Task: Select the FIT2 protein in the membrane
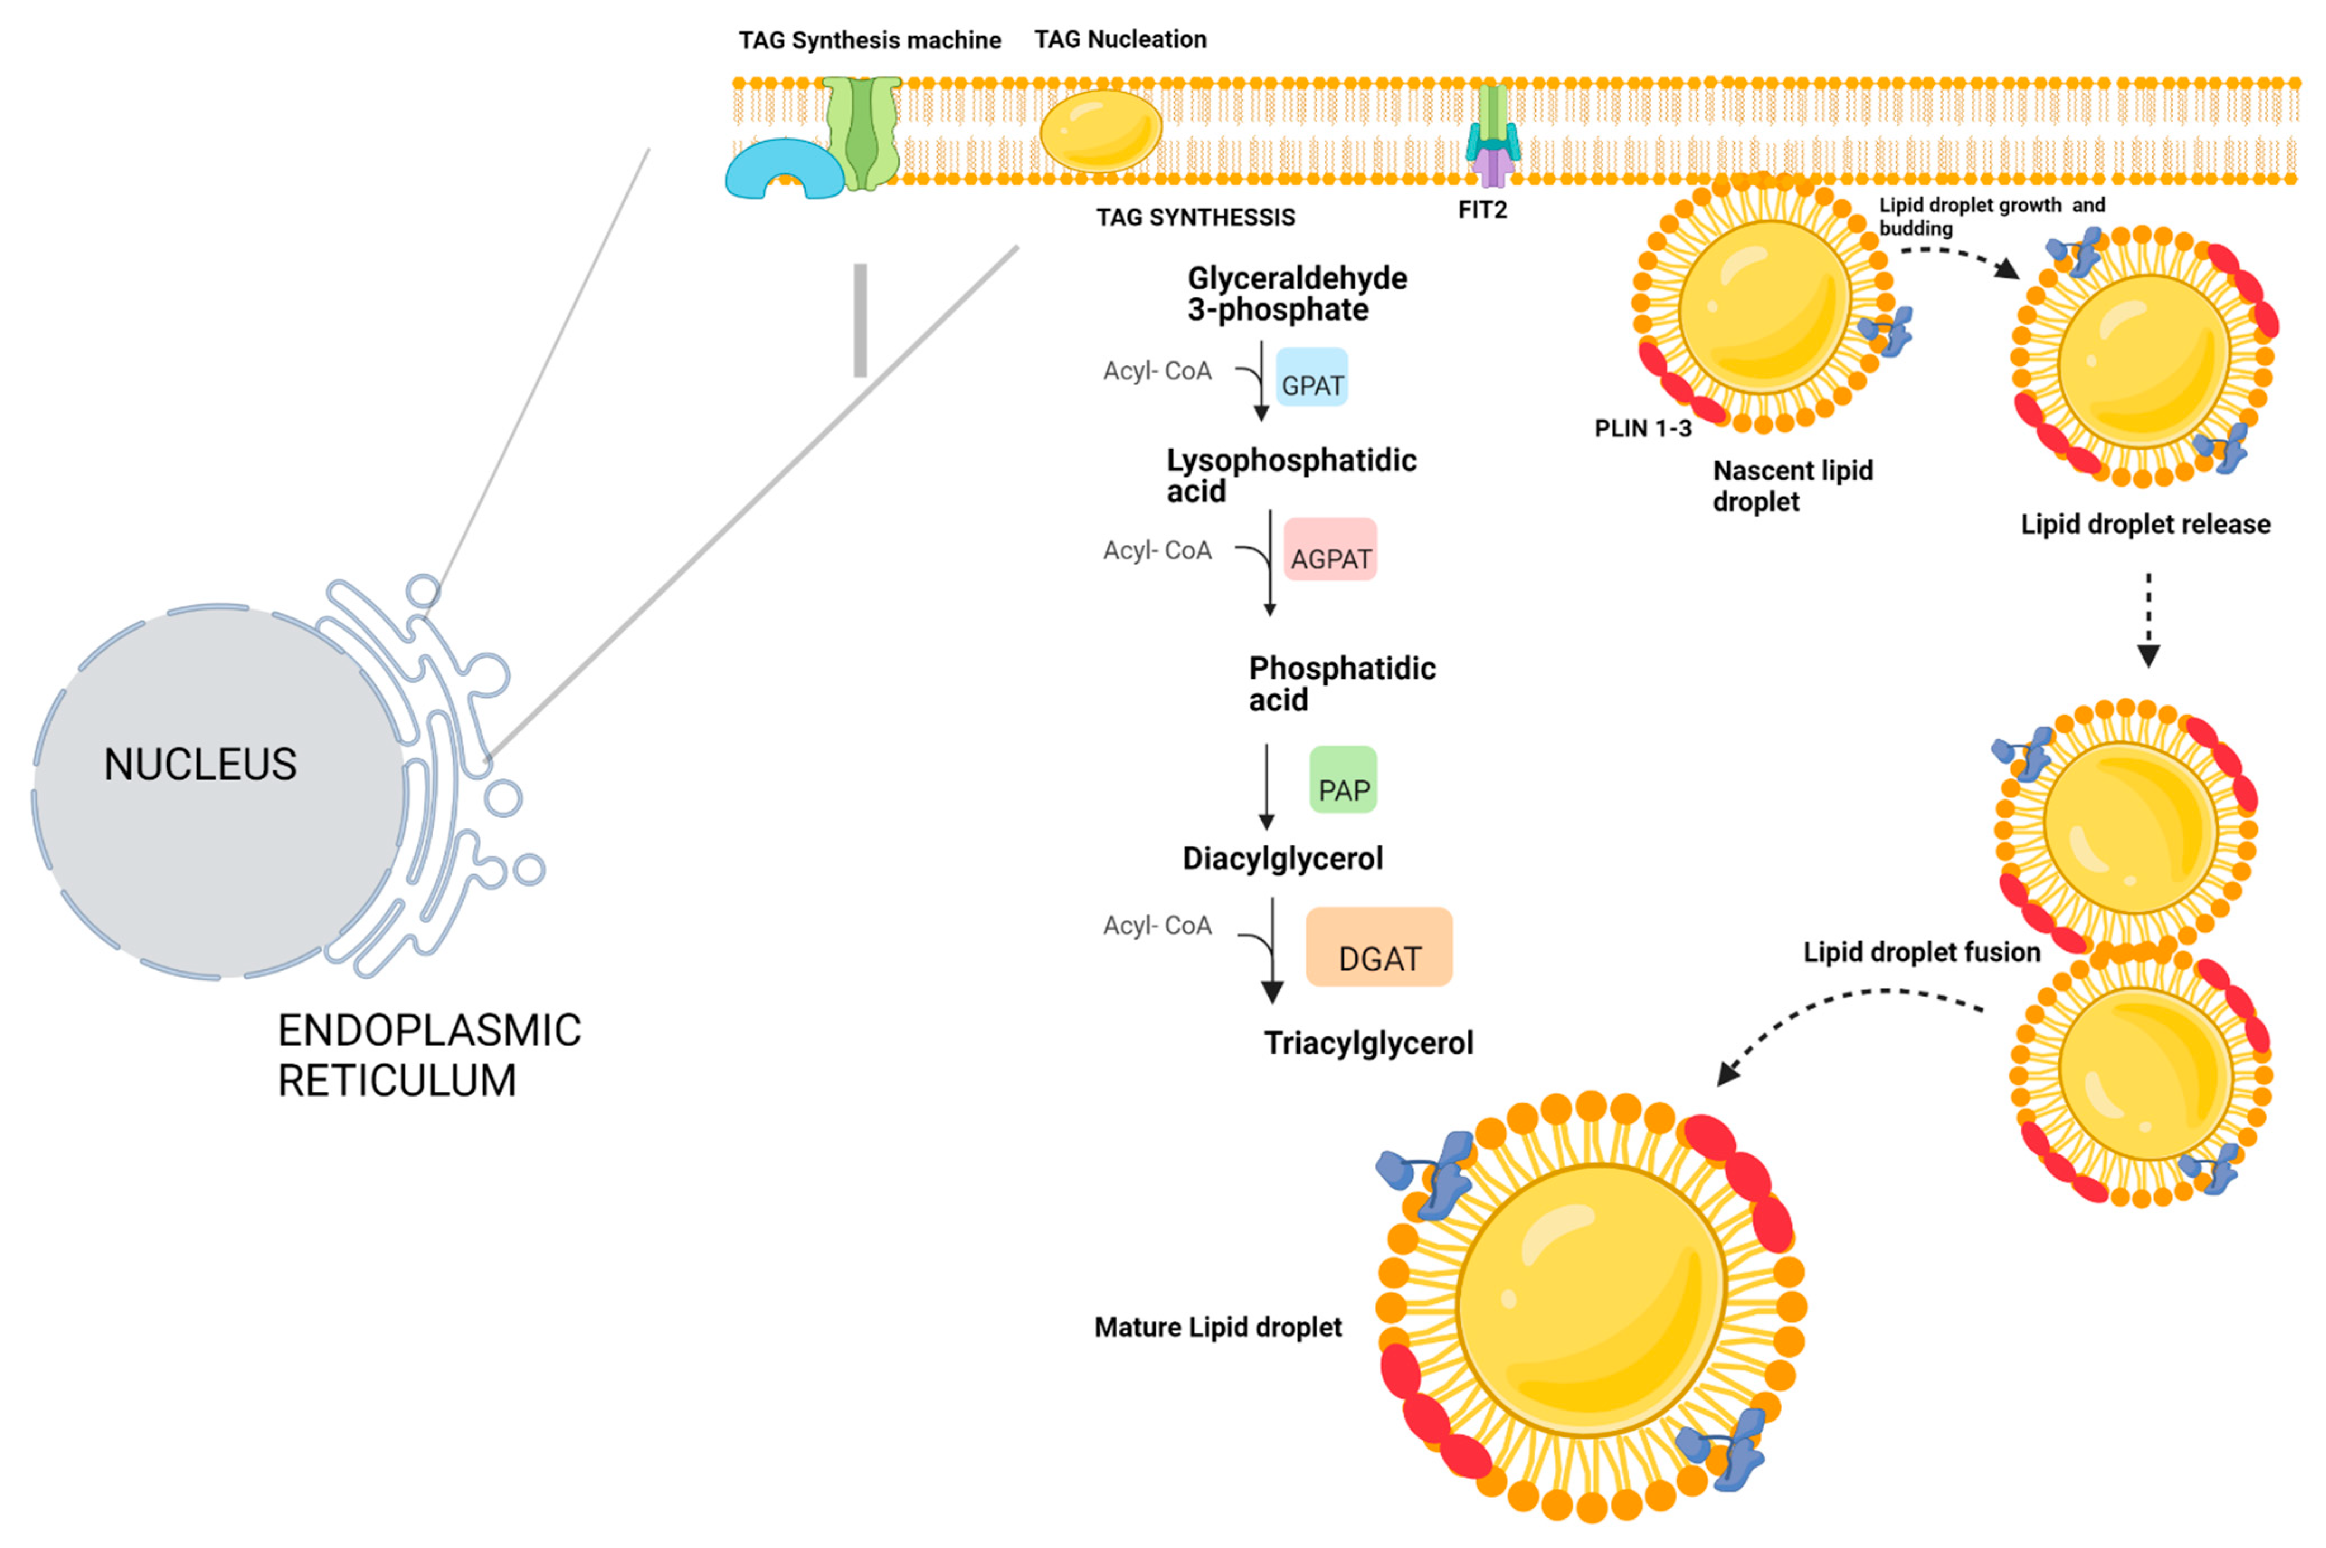click(x=1492, y=138)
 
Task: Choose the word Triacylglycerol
click(x=1368, y=1044)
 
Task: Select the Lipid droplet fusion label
click(x=1921, y=952)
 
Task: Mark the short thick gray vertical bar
click(x=860, y=320)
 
